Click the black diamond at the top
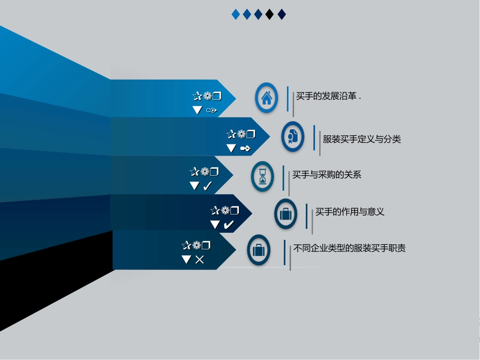click(x=270, y=14)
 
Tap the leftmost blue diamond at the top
click(x=235, y=14)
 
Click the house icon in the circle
click(x=266, y=97)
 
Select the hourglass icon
click(x=263, y=177)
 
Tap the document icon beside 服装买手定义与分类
click(x=293, y=136)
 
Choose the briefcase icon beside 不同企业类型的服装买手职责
click(x=258, y=249)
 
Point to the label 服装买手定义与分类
click(x=362, y=139)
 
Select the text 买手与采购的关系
click(x=326, y=175)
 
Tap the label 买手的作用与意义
click(x=350, y=212)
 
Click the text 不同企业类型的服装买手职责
click(x=349, y=248)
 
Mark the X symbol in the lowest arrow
click(x=200, y=260)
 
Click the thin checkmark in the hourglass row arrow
click(x=207, y=186)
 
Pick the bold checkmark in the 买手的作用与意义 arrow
click(x=228, y=225)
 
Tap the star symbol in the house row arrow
click(x=197, y=96)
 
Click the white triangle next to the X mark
click(x=186, y=260)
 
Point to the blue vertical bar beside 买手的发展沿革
click(x=287, y=98)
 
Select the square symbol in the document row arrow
click(x=251, y=134)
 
